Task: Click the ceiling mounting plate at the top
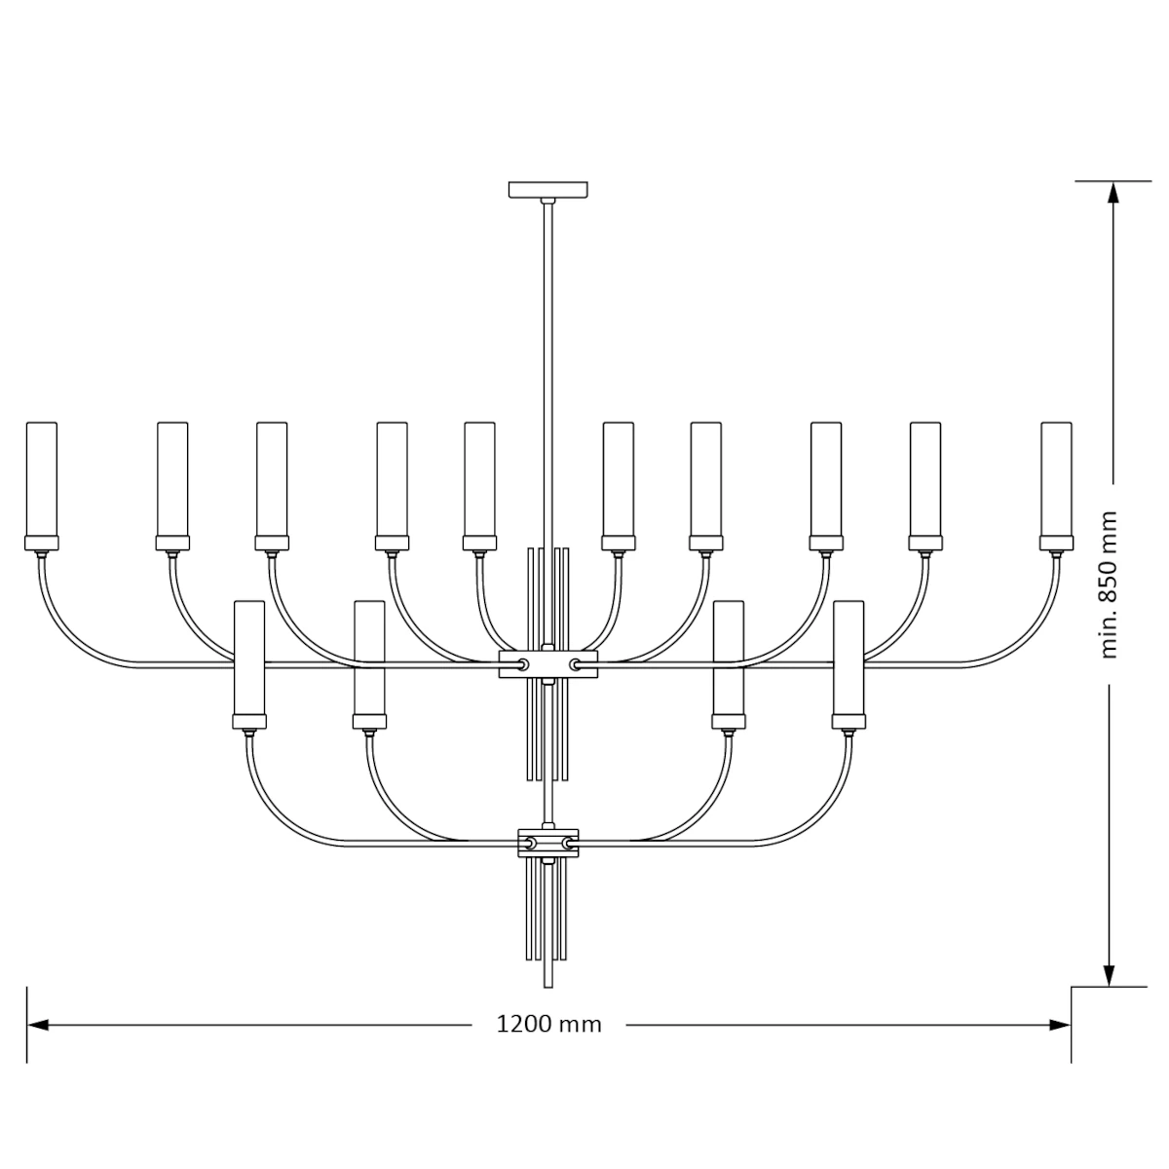coord(547,189)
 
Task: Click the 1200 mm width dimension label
coord(548,1025)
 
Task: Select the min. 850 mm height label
coord(1109,584)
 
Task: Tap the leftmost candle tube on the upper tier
coord(42,479)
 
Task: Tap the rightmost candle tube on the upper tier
coord(1056,479)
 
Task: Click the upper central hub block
coord(547,663)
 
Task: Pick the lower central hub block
coord(547,843)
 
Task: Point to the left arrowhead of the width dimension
coord(38,1025)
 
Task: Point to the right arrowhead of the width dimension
coord(1060,1025)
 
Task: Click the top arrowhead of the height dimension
coord(1112,192)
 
